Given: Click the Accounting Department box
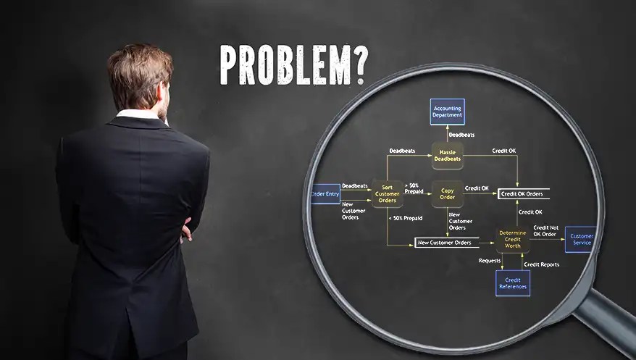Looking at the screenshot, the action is click(x=446, y=112).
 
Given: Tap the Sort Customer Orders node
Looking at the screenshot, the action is click(x=387, y=194).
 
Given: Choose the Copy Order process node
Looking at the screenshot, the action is click(x=447, y=193).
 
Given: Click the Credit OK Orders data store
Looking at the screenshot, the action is click(x=523, y=193).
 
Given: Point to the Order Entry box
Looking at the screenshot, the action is click(x=325, y=193).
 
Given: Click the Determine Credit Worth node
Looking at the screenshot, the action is click(x=512, y=239).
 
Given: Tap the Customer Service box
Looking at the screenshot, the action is click(x=581, y=239).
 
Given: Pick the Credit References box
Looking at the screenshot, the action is click(x=512, y=283).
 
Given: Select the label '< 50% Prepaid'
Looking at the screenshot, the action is click(x=405, y=218).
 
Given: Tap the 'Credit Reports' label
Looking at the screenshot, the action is click(x=541, y=264).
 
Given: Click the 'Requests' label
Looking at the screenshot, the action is click(x=490, y=260).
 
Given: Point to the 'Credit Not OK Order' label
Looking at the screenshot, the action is click(x=545, y=230).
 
